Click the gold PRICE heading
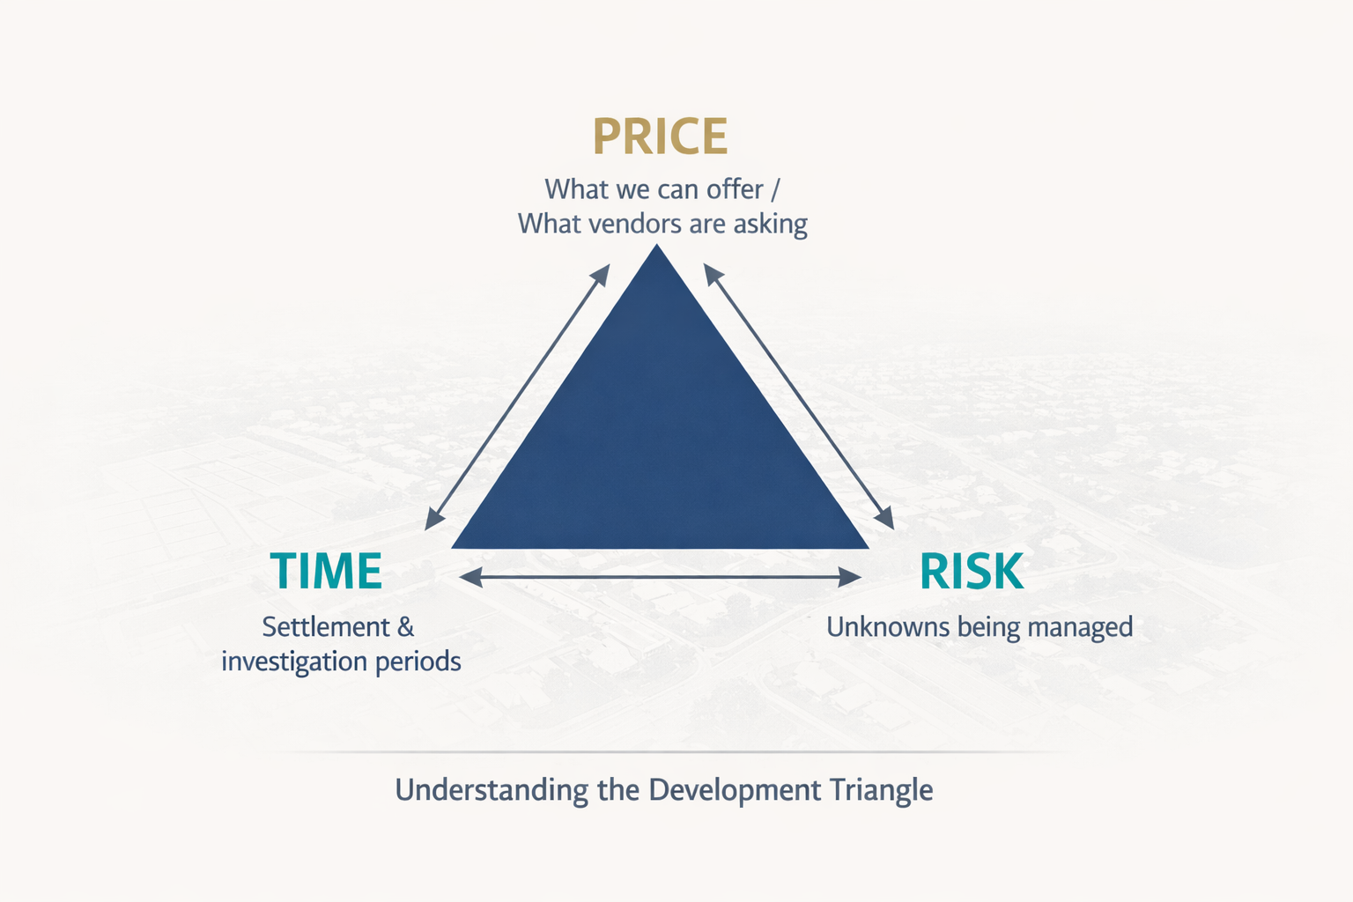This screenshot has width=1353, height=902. coord(660,137)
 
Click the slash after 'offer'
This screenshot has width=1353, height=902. coord(774,189)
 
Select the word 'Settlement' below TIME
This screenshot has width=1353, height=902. coord(325,627)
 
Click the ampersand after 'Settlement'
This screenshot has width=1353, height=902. coord(406,627)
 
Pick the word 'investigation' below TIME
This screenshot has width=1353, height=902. coord(294,662)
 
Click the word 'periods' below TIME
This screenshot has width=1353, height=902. coord(418,662)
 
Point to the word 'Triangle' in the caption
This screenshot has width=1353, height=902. coord(881,791)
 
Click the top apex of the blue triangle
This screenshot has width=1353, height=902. coord(656,245)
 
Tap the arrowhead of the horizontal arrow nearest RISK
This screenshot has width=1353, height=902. coord(851,578)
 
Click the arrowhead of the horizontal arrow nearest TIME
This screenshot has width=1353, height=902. coord(470,578)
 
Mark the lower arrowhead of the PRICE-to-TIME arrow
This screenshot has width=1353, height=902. coord(433,521)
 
